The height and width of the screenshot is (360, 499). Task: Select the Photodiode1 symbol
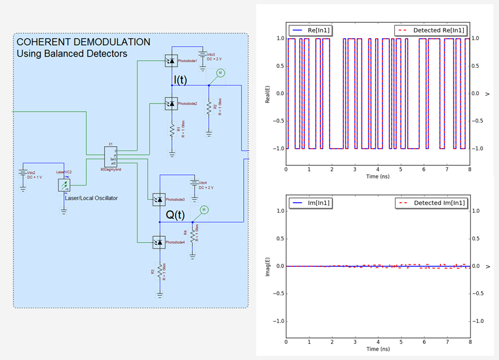pyautogui.click(x=170, y=60)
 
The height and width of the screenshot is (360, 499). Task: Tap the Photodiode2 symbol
pyautogui.click(x=171, y=104)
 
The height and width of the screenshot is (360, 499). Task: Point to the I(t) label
pyautogui.click(x=180, y=80)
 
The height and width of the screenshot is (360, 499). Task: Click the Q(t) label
pyautogui.click(x=176, y=215)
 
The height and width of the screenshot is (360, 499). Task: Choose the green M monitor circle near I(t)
pyautogui.click(x=219, y=73)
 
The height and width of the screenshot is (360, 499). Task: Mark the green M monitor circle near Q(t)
pyautogui.click(x=205, y=210)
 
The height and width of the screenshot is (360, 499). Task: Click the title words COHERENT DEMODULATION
pyautogui.click(x=83, y=42)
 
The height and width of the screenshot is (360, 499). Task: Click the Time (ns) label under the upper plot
pyautogui.click(x=378, y=176)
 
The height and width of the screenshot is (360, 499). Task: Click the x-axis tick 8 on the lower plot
pyautogui.click(x=469, y=342)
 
